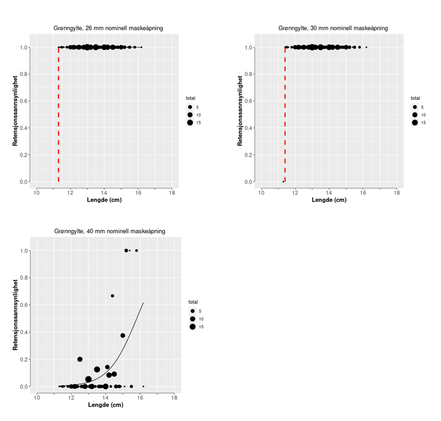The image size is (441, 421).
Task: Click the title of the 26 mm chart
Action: [108, 28]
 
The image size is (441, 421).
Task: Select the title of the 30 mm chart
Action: [333, 28]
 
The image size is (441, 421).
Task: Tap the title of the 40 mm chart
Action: [109, 231]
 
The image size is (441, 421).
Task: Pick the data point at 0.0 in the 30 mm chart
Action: [283, 182]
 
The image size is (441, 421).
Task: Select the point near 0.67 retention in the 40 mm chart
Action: [113, 296]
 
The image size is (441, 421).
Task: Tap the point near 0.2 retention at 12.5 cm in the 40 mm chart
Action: [80, 359]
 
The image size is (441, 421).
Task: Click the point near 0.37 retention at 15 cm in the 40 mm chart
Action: [123, 336]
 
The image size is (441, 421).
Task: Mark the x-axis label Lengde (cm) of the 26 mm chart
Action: [104, 200]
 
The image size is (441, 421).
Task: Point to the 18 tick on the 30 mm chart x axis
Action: [397, 193]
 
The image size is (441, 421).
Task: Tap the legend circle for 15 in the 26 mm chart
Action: [190, 123]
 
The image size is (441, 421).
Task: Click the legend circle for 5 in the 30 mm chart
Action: [415, 107]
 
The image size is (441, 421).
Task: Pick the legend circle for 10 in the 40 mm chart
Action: [192, 319]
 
